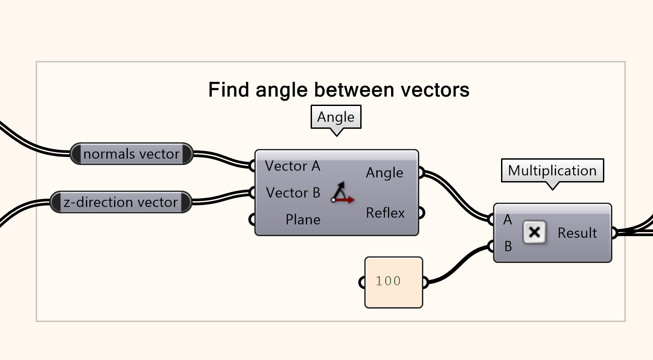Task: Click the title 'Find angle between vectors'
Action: click(x=339, y=90)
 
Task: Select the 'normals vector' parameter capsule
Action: click(x=131, y=154)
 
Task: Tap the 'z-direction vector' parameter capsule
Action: click(x=120, y=203)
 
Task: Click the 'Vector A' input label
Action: click(x=292, y=166)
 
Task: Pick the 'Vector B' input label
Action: click(x=293, y=193)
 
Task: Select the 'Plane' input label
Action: click(x=303, y=220)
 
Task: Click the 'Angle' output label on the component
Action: click(x=384, y=173)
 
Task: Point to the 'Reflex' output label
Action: click(x=385, y=213)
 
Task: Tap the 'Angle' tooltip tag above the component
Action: click(x=336, y=117)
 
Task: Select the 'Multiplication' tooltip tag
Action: click(x=552, y=170)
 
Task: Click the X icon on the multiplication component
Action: click(x=535, y=233)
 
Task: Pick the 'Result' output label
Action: click(x=577, y=233)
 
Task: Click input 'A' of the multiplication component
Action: click(x=507, y=220)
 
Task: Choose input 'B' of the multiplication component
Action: click(x=508, y=246)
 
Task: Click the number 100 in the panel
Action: click(x=388, y=282)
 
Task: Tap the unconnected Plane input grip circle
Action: click(x=253, y=220)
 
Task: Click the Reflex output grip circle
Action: click(x=421, y=213)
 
